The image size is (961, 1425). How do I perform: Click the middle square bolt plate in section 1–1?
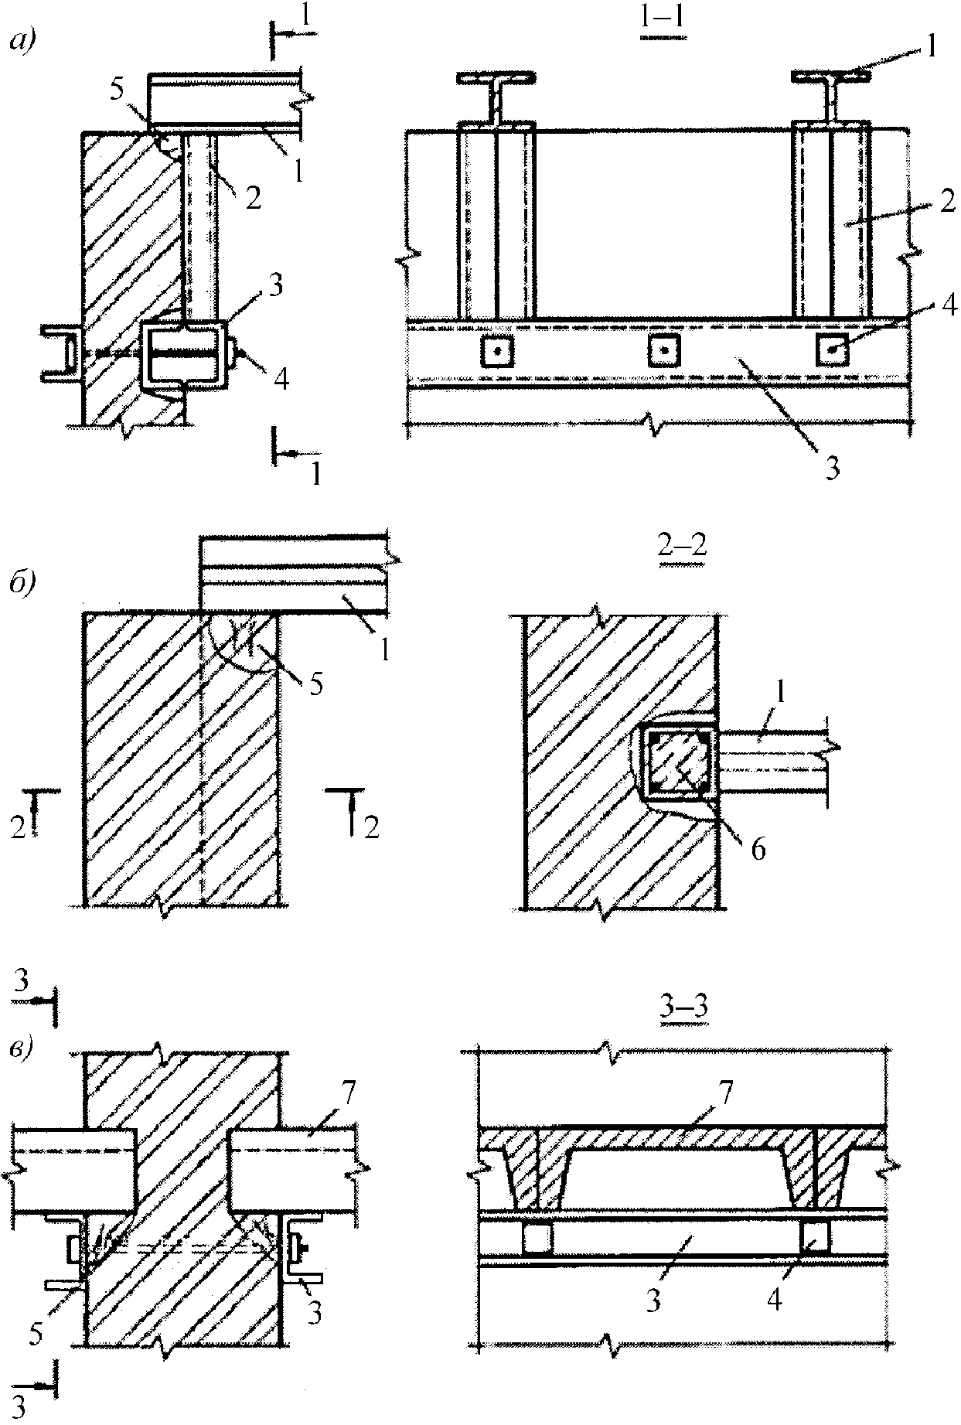666,352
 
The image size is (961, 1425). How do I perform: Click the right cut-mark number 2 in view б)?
372,827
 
